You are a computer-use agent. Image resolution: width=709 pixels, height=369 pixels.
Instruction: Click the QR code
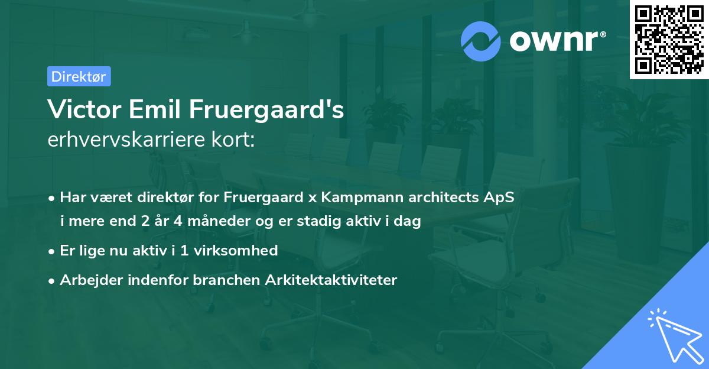[x=669, y=40]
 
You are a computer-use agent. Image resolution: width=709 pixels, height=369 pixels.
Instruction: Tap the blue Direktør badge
[x=79, y=76]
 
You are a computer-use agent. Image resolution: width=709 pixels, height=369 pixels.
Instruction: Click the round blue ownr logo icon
[x=480, y=40]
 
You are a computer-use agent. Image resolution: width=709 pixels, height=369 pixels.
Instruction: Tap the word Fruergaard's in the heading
[x=266, y=110]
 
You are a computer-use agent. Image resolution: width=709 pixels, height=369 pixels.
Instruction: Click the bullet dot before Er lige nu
[x=53, y=251]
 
